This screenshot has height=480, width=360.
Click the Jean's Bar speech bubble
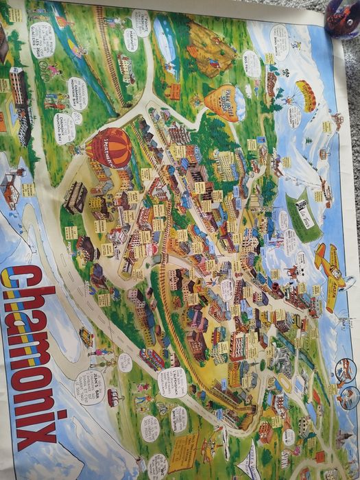click(90, 387)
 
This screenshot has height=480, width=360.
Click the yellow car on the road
click(86, 337)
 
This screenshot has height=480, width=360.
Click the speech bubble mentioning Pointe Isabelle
click(141, 22)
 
